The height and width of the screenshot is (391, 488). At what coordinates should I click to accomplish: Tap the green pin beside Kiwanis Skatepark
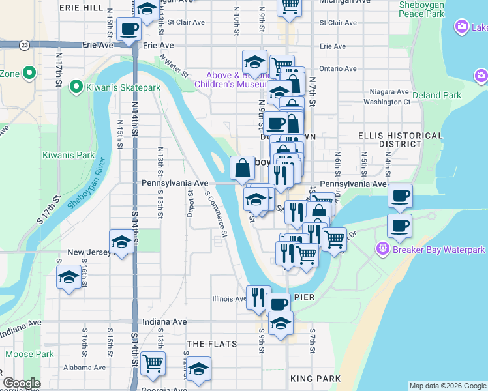pos(76,86)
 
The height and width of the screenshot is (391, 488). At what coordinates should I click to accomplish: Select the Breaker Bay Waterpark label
pos(438,250)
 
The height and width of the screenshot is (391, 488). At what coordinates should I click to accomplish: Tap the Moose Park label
pos(29,354)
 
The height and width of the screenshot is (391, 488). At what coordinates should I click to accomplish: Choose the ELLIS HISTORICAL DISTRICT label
pos(391,139)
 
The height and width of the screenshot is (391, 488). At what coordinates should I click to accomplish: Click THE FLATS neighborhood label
pos(209,343)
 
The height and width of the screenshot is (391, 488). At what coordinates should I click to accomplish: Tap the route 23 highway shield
pos(25,45)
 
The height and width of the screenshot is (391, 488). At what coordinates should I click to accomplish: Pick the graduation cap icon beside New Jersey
pos(122,242)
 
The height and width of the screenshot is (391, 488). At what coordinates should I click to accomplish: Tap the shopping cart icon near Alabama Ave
pos(153,363)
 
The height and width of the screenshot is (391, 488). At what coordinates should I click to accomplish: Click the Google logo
pos(22,383)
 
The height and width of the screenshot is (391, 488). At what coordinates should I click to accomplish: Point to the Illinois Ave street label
pos(229,299)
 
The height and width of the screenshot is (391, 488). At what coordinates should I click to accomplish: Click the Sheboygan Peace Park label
pos(421,9)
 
